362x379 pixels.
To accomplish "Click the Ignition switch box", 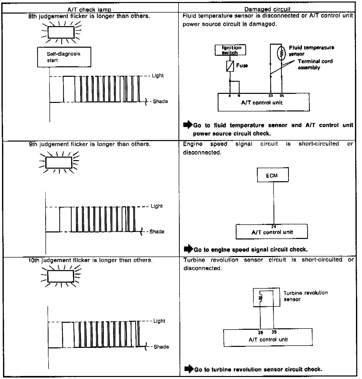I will (230, 50).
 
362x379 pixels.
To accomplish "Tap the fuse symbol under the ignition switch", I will (230, 66).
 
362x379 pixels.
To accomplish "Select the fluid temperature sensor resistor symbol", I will (282, 53).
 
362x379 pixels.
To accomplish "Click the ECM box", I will (273, 175).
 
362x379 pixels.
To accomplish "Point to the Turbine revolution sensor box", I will (266, 297).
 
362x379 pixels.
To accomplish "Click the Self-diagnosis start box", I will (64, 57).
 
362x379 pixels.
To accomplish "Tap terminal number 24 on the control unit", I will (274, 226).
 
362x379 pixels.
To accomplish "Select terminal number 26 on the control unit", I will (260, 332).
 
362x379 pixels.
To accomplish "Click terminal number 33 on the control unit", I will (270, 96).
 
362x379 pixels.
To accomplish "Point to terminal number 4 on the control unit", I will (230, 96).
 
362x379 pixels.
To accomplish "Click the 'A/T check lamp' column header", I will (89, 10).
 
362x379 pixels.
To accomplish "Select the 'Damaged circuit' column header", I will (267, 10).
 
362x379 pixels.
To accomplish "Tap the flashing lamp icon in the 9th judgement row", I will (59, 162).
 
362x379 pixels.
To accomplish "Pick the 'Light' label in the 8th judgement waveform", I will (158, 76).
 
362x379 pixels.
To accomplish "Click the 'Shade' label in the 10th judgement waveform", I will (161, 347).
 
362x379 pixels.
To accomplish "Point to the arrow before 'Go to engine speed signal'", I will (188, 249).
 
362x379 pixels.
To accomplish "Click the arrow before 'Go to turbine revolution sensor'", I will (189, 369).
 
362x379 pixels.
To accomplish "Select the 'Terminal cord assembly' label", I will (315, 65).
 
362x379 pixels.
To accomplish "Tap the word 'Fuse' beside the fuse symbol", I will (242, 66).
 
